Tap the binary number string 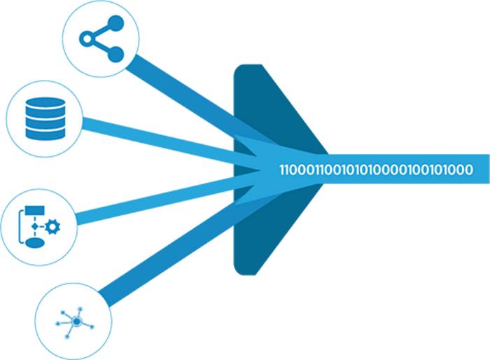(375, 169)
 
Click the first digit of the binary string (283, 169)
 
